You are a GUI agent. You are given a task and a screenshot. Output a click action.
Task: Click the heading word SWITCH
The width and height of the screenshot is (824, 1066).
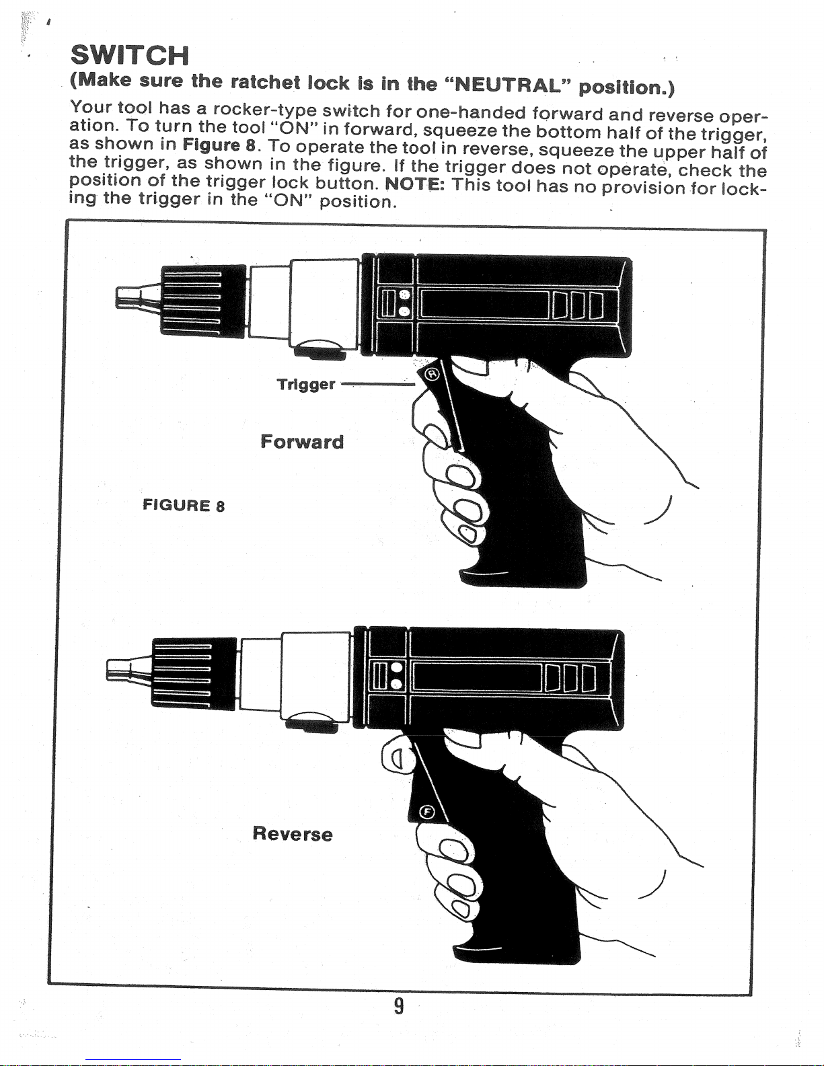129,55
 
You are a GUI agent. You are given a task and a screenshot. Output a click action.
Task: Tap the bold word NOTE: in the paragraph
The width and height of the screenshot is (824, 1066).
415,184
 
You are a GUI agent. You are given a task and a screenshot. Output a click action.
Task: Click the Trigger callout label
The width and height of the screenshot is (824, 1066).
306,384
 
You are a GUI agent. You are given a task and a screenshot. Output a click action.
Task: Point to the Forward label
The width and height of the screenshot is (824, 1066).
302,441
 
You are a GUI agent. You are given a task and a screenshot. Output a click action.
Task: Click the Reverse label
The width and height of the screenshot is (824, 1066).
293,834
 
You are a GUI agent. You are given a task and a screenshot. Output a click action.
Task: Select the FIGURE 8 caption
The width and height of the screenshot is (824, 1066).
184,505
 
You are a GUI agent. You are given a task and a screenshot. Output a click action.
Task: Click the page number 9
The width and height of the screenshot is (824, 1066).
400,1007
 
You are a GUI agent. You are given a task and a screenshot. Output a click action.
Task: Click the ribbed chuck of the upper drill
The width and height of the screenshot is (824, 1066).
204,301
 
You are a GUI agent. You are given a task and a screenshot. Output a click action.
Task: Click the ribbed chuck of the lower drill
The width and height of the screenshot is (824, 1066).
194,673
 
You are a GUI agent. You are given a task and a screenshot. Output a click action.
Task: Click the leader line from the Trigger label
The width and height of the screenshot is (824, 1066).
377,385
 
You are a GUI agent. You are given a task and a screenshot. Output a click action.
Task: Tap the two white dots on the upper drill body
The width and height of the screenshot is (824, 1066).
405,303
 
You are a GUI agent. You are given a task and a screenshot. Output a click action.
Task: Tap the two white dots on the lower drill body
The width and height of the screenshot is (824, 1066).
397,675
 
